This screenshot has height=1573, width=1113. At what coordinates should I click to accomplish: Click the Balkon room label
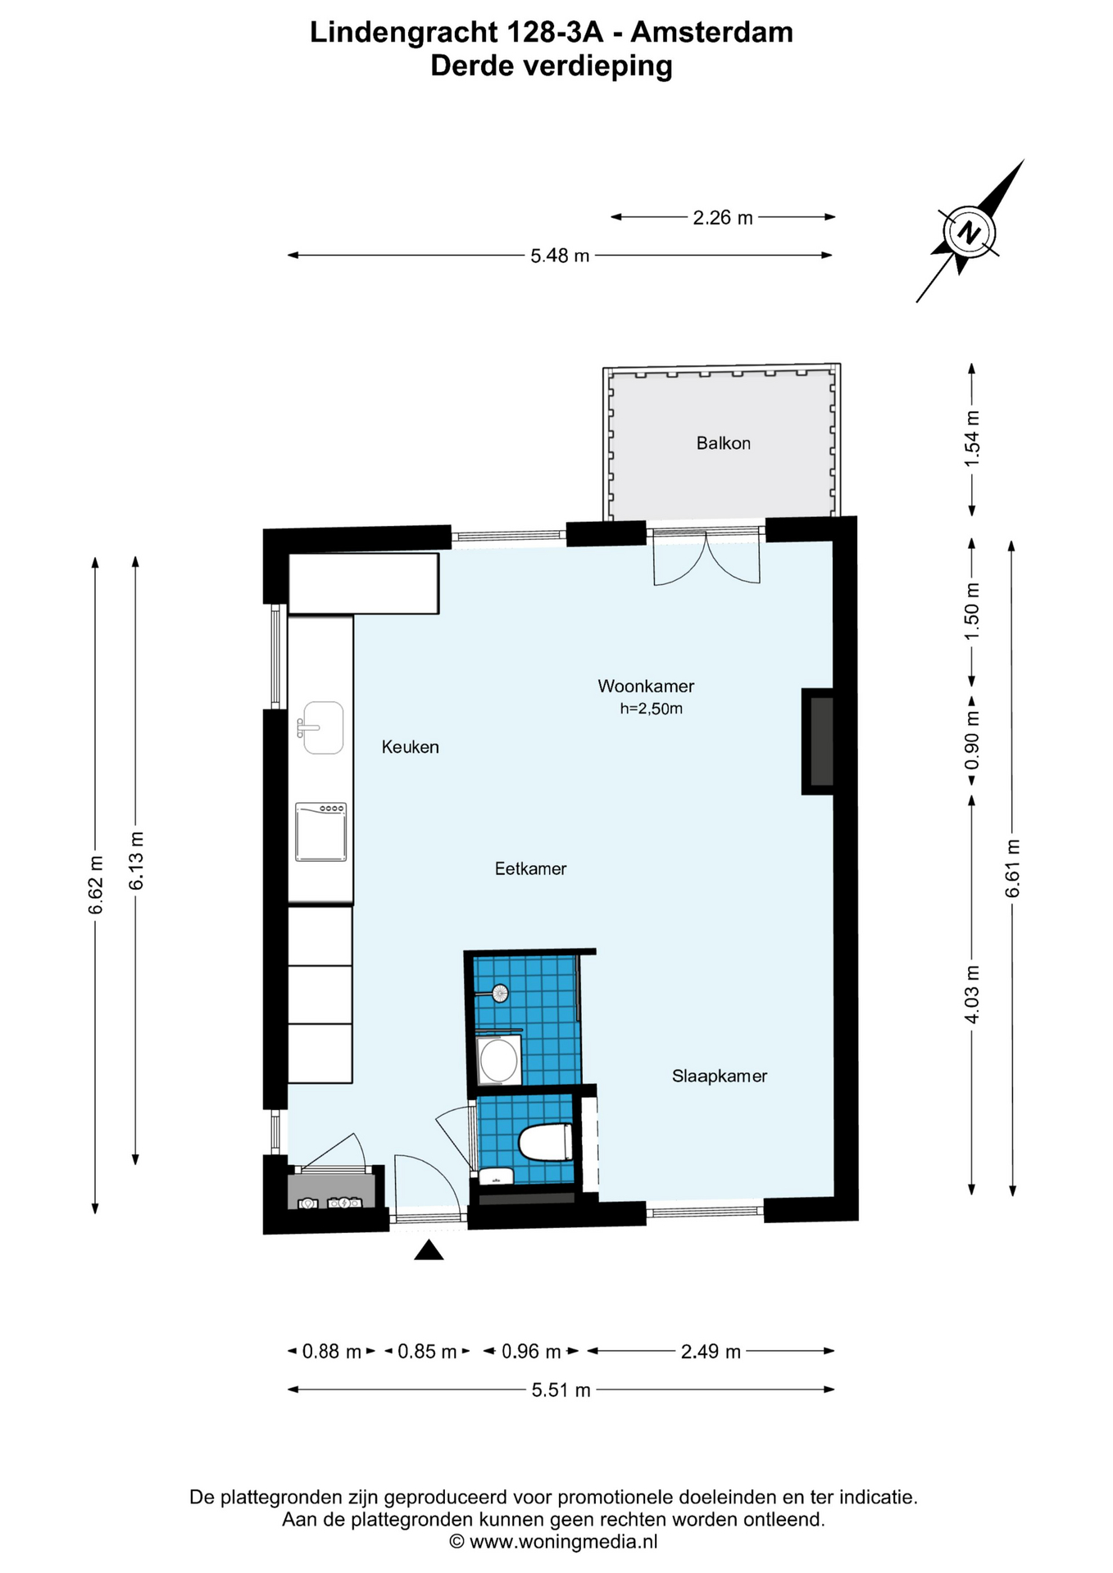[x=723, y=443]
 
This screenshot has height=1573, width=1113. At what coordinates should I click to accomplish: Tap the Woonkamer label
[x=646, y=686]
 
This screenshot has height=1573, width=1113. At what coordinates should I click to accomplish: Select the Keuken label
[x=410, y=747]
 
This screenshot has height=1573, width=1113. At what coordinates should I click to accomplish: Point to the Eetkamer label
[x=530, y=868]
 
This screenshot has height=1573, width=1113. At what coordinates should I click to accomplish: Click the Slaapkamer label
[x=720, y=1076]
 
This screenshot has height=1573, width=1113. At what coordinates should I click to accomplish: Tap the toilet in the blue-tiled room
[x=546, y=1142]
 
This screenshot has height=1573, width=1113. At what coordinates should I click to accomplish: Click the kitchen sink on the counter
[x=322, y=728]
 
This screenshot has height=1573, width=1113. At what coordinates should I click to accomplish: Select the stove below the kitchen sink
[x=321, y=832]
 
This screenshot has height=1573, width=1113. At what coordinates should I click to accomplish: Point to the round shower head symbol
[x=499, y=994]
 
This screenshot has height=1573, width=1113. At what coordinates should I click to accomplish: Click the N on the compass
[x=970, y=233]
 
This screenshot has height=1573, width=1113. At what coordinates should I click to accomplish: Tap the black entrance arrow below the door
[x=429, y=1250]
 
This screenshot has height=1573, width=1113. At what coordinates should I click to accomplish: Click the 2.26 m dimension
[x=723, y=217]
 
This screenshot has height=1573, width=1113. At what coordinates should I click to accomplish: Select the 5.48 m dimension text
[x=560, y=256]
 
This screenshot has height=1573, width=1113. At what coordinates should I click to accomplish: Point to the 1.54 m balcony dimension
[x=972, y=438]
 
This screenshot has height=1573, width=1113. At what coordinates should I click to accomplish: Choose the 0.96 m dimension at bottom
[x=531, y=1351]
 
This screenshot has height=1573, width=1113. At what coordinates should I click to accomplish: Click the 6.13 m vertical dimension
[x=136, y=860]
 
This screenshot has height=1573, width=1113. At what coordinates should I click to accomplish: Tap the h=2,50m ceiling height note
[x=651, y=709]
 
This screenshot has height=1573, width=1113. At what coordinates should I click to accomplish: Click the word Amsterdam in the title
[x=712, y=33]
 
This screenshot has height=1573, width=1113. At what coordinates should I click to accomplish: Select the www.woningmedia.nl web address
[x=564, y=1542]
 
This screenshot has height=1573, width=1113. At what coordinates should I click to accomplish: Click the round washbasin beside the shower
[x=497, y=1061]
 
